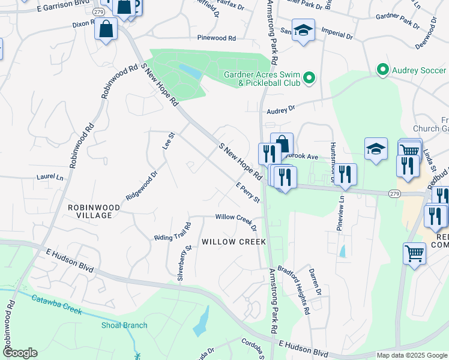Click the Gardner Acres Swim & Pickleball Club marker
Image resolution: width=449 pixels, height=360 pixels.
click(x=309, y=77)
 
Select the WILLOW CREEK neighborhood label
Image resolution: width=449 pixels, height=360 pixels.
click(x=234, y=242)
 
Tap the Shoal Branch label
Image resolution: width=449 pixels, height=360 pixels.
click(x=124, y=325)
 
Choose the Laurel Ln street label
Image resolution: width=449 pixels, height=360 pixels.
click(x=50, y=178)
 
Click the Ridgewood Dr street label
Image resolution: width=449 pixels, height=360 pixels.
click(x=141, y=186)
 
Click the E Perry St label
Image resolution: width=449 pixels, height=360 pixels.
click(x=247, y=191)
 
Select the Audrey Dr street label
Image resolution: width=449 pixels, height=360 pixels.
click(x=281, y=109)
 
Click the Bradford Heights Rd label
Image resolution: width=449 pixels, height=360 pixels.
click(x=298, y=288)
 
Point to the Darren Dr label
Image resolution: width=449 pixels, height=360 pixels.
click(x=315, y=281)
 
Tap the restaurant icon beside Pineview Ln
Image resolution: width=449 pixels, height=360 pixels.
click(x=345, y=174)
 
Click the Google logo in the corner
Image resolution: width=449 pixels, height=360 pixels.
click(x=20, y=353)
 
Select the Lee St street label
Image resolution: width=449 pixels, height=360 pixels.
click(x=167, y=141)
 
